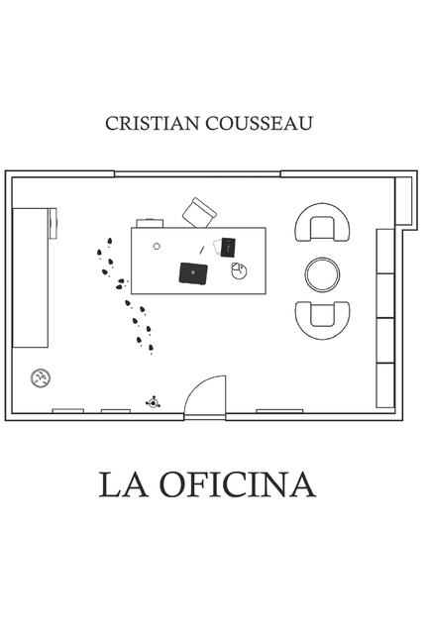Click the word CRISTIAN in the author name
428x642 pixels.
[152, 123]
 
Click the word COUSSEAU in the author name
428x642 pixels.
[259, 123]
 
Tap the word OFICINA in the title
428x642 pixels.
[238, 484]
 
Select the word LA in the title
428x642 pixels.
[124, 484]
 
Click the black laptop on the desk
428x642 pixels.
[193, 273]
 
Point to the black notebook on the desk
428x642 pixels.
[228, 248]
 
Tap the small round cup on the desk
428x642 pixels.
[157, 247]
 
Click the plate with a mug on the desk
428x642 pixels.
[239, 271]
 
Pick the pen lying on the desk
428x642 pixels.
[201, 250]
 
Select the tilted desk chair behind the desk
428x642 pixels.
[199, 213]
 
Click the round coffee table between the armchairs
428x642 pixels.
[322, 274]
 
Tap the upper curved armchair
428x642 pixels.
[322, 222]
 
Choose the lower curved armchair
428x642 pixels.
[322, 321]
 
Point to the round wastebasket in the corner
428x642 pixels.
[41, 377]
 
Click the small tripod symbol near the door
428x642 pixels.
[154, 403]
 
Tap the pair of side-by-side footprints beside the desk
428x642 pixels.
[121, 284]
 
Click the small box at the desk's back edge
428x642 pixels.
[150, 223]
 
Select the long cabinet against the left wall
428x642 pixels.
[31, 277]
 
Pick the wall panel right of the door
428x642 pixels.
[279, 411]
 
